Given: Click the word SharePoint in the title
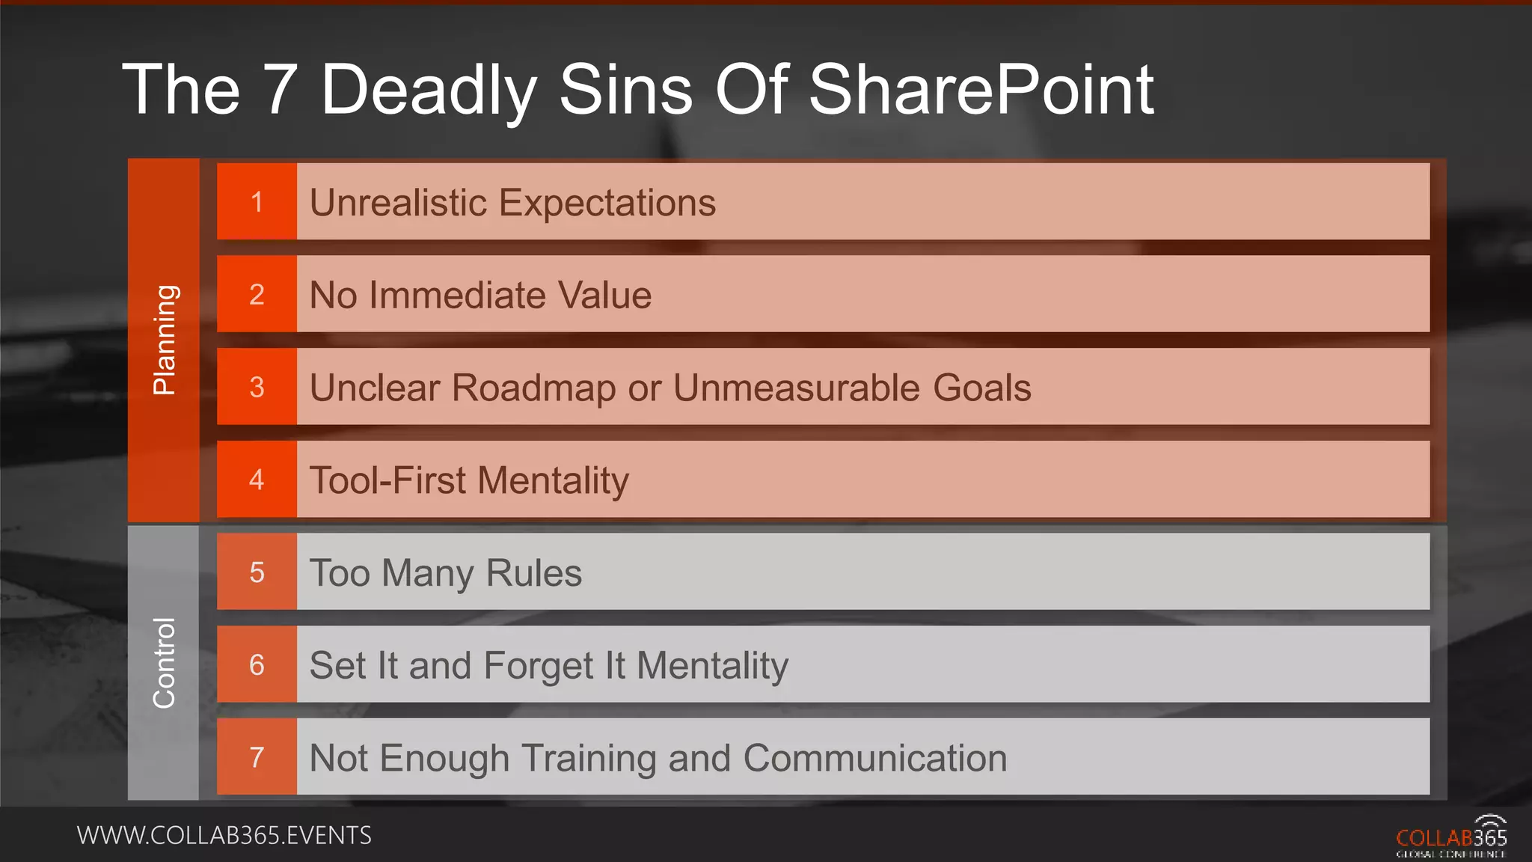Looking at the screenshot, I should click(981, 90).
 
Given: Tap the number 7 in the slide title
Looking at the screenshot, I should click(280, 90).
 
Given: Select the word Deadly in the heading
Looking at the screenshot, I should click(428, 91).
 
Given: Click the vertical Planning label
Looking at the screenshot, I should click(164, 340).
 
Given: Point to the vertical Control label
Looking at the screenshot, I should click(164, 663).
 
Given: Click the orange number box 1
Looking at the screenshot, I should click(257, 202).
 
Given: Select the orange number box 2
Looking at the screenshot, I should click(257, 294).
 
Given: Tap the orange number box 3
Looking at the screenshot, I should click(257, 387).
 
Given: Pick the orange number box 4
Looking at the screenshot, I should click(257, 480).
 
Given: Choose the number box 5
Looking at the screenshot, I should click(257, 572).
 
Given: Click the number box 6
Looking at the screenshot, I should click(257, 664).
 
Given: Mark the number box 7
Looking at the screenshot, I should click(257, 757).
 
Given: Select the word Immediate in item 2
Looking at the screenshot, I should click(457, 295).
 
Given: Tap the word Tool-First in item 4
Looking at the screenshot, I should click(387, 480).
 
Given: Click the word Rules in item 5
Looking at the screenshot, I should click(533, 573).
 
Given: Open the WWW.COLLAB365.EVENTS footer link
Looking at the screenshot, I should click(224, 835).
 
